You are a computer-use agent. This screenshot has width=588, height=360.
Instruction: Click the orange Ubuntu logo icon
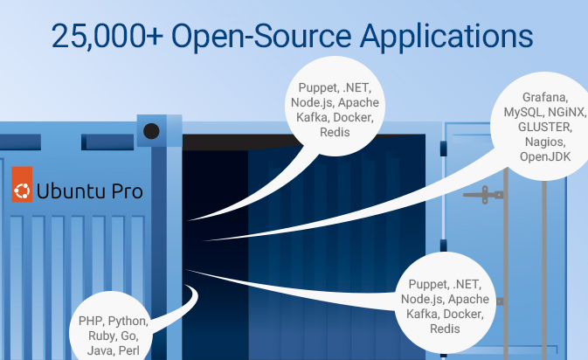[x=23, y=191]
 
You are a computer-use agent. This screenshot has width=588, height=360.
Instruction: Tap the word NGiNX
[x=567, y=113]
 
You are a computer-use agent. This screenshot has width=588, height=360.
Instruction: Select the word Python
[x=128, y=322]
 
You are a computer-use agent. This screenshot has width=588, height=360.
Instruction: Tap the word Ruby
[x=100, y=336]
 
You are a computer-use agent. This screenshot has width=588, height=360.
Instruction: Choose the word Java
[x=100, y=351]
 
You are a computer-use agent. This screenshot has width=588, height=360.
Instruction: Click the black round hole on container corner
[x=151, y=132]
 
